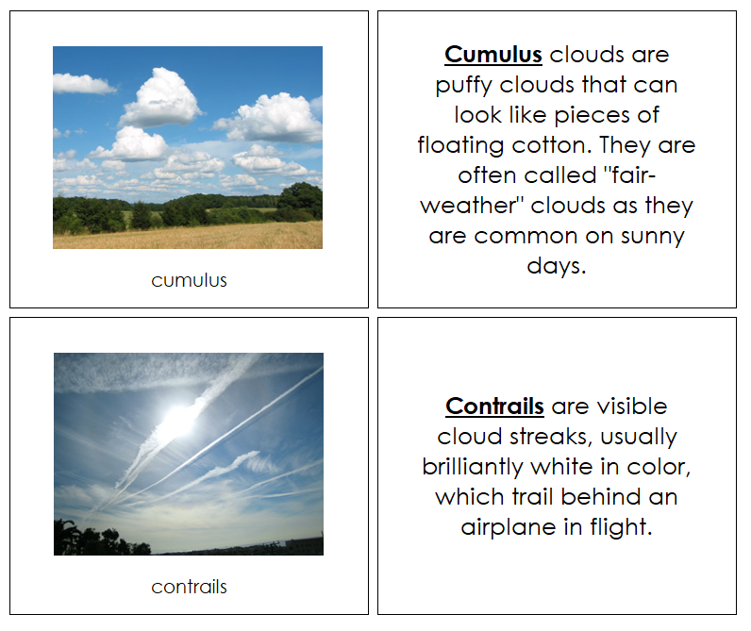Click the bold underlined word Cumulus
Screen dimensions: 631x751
tap(492, 55)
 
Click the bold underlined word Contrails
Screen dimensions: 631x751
tap(494, 407)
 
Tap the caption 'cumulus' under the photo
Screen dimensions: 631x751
tap(189, 280)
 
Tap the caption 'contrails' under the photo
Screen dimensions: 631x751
tap(189, 587)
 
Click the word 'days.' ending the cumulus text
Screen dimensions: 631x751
tap(557, 266)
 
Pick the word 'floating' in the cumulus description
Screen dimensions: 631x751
tap(455, 146)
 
